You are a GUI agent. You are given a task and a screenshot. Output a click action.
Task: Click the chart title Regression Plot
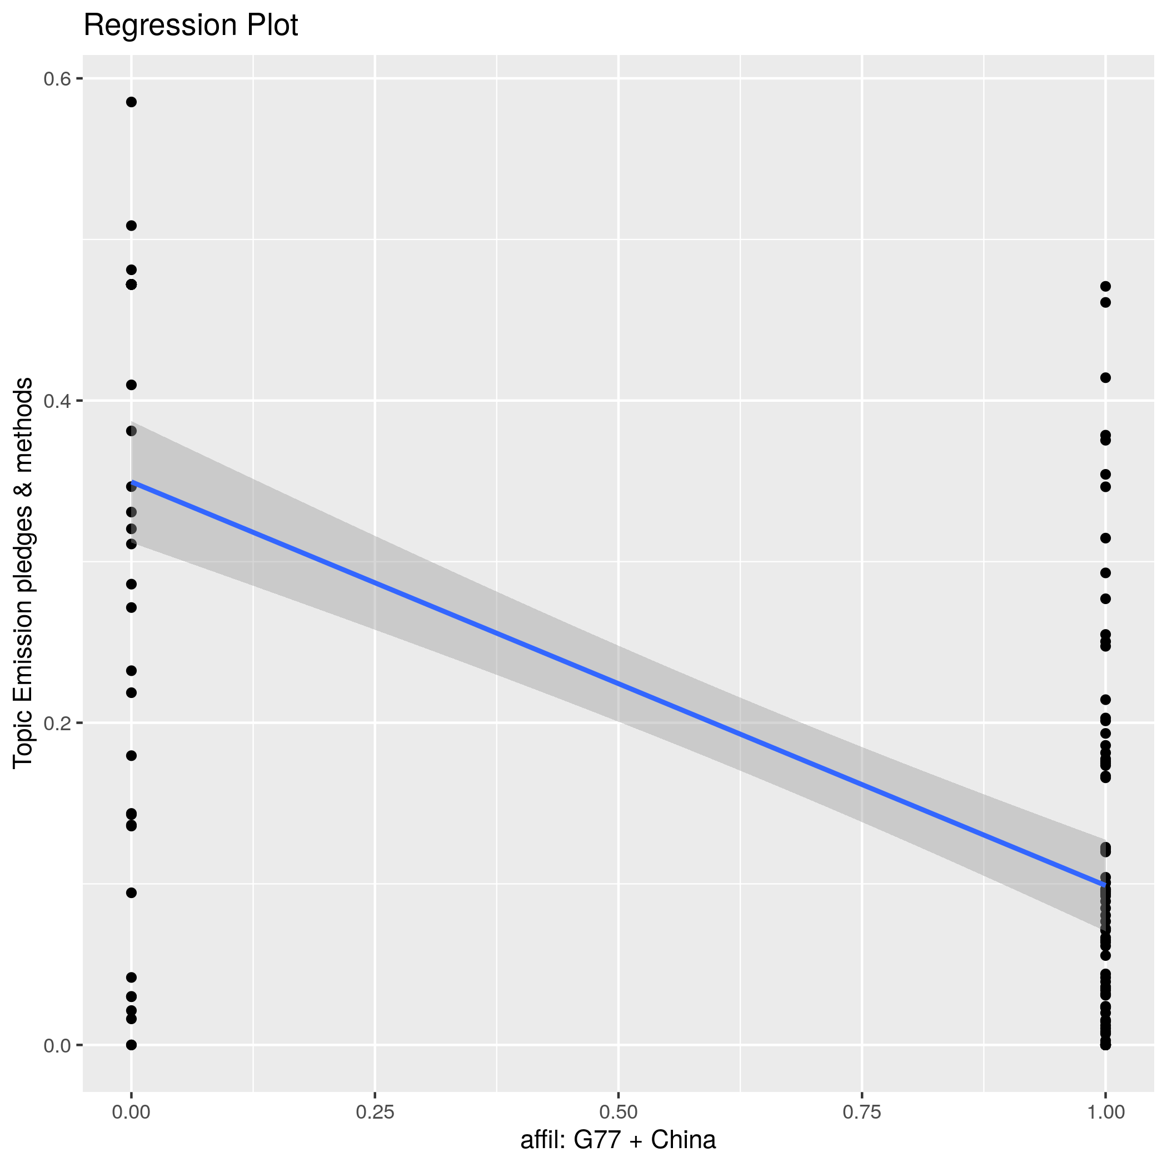[190, 26]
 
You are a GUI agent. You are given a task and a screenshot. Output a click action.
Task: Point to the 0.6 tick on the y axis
[55, 78]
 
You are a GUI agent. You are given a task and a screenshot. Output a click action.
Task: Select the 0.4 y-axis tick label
[55, 401]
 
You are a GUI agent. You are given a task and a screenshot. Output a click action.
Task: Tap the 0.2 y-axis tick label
[55, 723]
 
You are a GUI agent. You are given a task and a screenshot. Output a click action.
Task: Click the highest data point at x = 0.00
[131, 102]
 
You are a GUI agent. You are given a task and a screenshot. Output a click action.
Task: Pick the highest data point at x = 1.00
[1105, 286]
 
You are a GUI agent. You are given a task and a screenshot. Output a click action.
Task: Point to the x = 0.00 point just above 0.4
[131, 385]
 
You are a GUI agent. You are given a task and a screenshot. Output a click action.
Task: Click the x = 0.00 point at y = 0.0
[131, 1045]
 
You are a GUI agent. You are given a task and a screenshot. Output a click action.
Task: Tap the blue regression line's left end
[132, 482]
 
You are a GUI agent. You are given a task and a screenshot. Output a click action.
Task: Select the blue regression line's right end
[1105, 885]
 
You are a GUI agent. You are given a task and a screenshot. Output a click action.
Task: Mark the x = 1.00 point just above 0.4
[1105, 378]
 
